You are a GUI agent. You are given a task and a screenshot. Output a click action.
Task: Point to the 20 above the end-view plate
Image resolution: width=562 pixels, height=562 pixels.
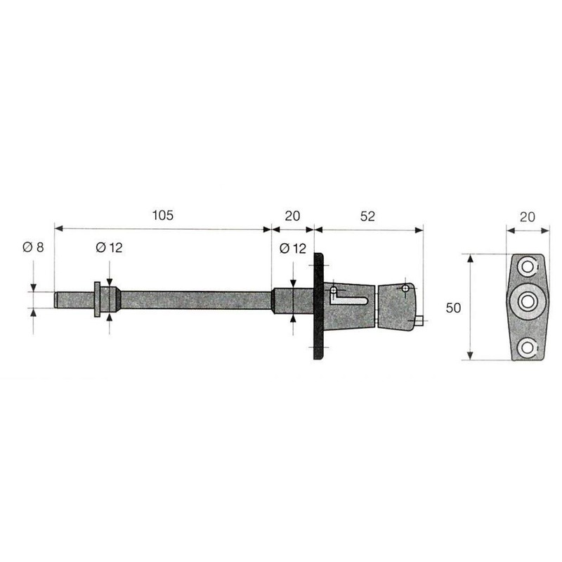[x=527, y=217]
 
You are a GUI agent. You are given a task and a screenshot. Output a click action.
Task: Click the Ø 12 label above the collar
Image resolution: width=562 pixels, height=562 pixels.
[x=108, y=247]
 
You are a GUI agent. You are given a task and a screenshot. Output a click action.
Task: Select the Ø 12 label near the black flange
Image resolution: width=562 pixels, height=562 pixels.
[x=293, y=247]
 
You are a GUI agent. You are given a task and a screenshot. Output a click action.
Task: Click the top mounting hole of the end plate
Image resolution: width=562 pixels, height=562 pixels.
[x=527, y=268]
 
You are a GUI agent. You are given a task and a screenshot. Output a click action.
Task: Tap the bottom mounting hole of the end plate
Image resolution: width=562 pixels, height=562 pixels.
[x=527, y=347]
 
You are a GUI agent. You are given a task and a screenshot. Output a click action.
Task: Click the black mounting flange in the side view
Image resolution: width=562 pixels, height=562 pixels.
[x=318, y=307]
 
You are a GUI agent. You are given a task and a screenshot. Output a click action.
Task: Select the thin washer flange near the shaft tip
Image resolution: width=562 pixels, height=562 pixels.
[x=95, y=299]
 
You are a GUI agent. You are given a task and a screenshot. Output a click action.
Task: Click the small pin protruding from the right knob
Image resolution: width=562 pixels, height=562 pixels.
[x=419, y=321]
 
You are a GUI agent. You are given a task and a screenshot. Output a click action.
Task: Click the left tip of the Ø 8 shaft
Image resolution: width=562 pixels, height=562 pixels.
[x=56, y=299]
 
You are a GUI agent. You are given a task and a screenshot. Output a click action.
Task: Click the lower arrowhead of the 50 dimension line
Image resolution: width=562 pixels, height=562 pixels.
[x=471, y=356]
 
